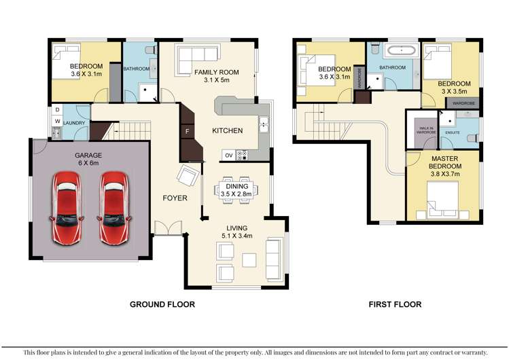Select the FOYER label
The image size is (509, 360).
175,198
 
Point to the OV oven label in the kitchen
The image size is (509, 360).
228,156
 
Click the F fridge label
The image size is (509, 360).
186,130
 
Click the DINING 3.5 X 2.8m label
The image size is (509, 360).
236,190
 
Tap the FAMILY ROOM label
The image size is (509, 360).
216,75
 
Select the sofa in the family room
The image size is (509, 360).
196,56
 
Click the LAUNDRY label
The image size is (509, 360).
75,123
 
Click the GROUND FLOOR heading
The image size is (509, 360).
162,304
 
